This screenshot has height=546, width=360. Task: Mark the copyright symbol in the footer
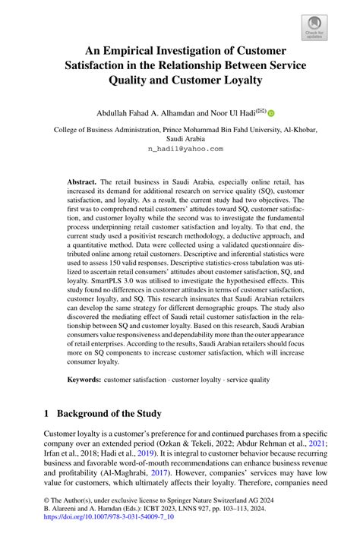pos(46,502)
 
